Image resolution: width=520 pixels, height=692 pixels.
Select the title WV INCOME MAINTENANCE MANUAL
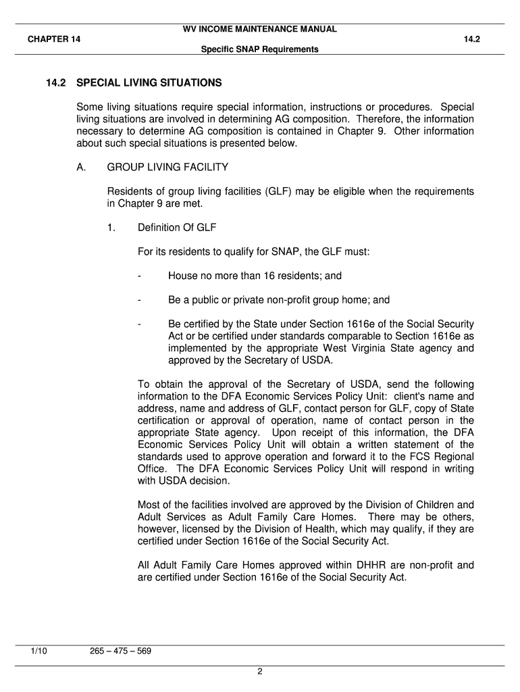click(x=260, y=29)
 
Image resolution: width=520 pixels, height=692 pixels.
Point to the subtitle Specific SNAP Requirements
click(x=260, y=49)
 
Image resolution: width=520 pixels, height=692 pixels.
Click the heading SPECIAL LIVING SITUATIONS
click(x=149, y=83)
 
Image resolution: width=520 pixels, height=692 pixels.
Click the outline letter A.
click(x=81, y=167)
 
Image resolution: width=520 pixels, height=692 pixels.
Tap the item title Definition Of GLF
click(x=177, y=227)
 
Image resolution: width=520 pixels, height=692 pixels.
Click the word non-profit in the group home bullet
click(x=289, y=300)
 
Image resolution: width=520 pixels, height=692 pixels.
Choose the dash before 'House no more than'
click(x=139, y=276)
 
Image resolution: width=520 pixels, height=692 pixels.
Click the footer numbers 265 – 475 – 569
click(x=120, y=651)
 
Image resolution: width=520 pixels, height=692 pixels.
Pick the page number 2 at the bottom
click(x=259, y=671)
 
